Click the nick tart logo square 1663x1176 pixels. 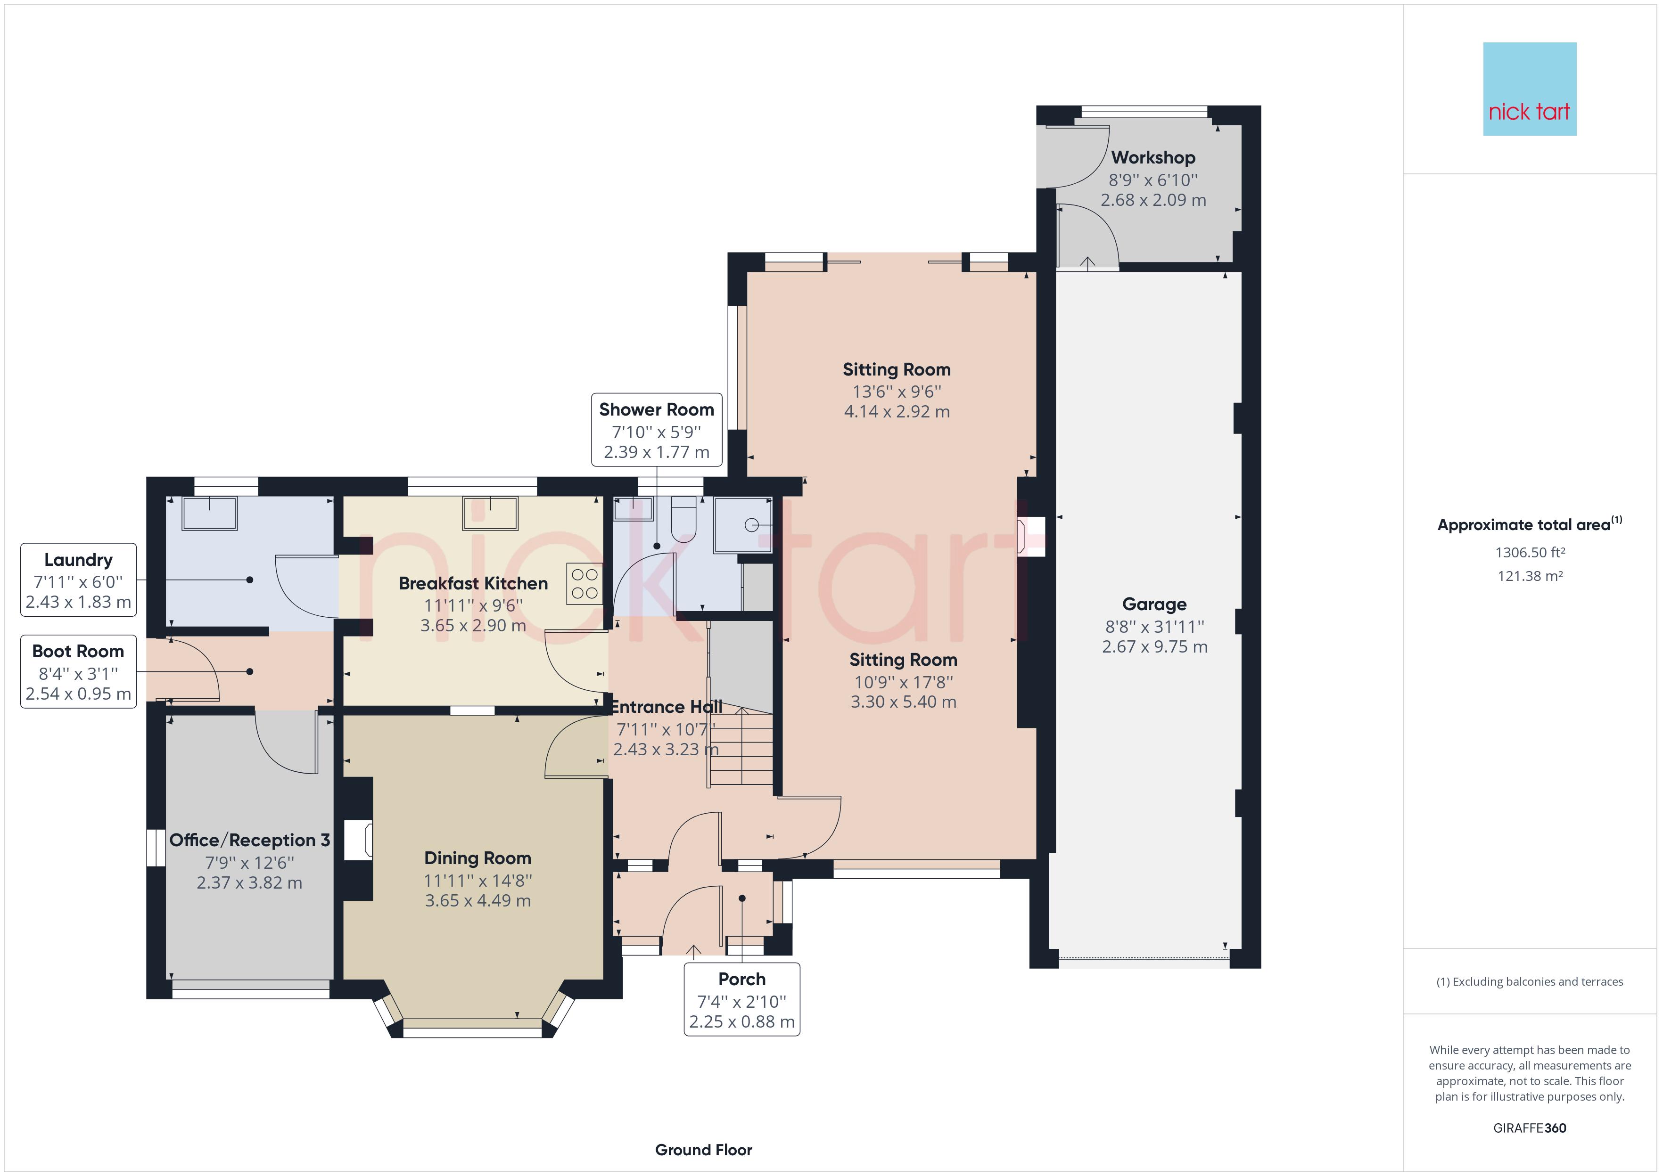click(1529, 89)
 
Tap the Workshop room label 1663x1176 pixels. click(1153, 157)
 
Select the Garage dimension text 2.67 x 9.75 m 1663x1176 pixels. click(1154, 646)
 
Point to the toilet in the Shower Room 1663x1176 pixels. click(684, 519)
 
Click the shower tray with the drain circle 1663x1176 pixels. click(743, 525)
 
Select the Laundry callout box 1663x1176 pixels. click(78, 580)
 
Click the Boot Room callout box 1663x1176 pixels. click(78, 672)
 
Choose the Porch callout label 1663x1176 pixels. click(741, 999)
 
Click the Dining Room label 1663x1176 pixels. click(477, 858)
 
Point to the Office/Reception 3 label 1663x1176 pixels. click(250, 840)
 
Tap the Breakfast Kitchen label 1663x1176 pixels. click(473, 583)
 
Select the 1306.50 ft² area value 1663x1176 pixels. click(1530, 553)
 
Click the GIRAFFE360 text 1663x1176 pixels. click(1530, 1127)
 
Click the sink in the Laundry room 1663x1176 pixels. click(210, 514)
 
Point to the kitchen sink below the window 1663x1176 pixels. click(490, 513)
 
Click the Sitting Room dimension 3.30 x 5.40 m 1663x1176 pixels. click(903, 702)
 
